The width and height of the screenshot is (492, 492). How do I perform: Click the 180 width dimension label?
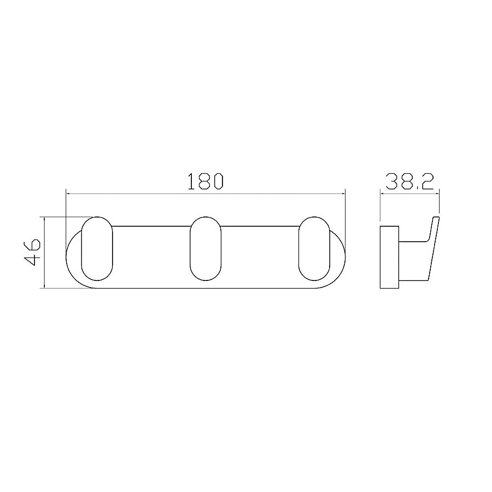pos(205,181)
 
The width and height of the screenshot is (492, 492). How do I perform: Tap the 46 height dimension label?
pos(32,252)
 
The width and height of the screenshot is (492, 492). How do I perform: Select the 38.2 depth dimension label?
pos(409,182)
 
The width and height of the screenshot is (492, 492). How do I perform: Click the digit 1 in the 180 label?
pos(191,181)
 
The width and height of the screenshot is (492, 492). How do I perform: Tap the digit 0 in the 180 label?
pos(218,181)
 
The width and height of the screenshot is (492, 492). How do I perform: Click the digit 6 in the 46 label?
pos(32,245)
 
